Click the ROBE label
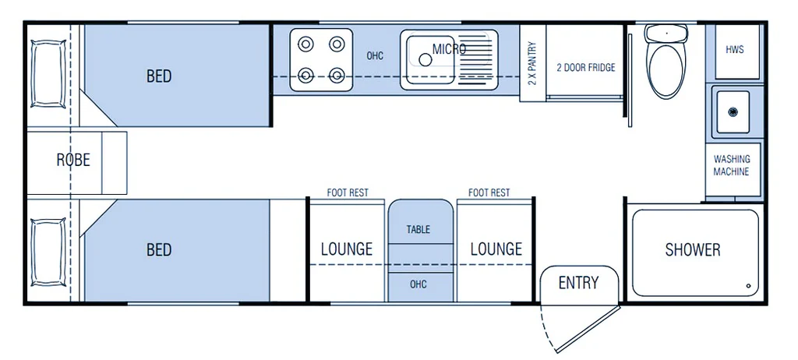click(x=73, y=160)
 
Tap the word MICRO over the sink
click(x=450, y=49)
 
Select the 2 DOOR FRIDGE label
click(x=585, y=68)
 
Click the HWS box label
click(x=734, y=49)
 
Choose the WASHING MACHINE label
click(x=731, y=165)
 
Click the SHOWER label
click(x=692, y=250)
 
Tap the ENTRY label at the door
click(x=578, y=283)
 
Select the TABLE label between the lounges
click(x=418, y=230)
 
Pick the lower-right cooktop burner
click(x=337, y=75)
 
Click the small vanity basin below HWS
click(x=733, y=112)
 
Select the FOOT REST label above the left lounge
click(x=348, y=192)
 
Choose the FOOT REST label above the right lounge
click(x=489, y=192)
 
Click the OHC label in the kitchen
click(x=375, y=56)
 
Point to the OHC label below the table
click(x=418, y=284)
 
